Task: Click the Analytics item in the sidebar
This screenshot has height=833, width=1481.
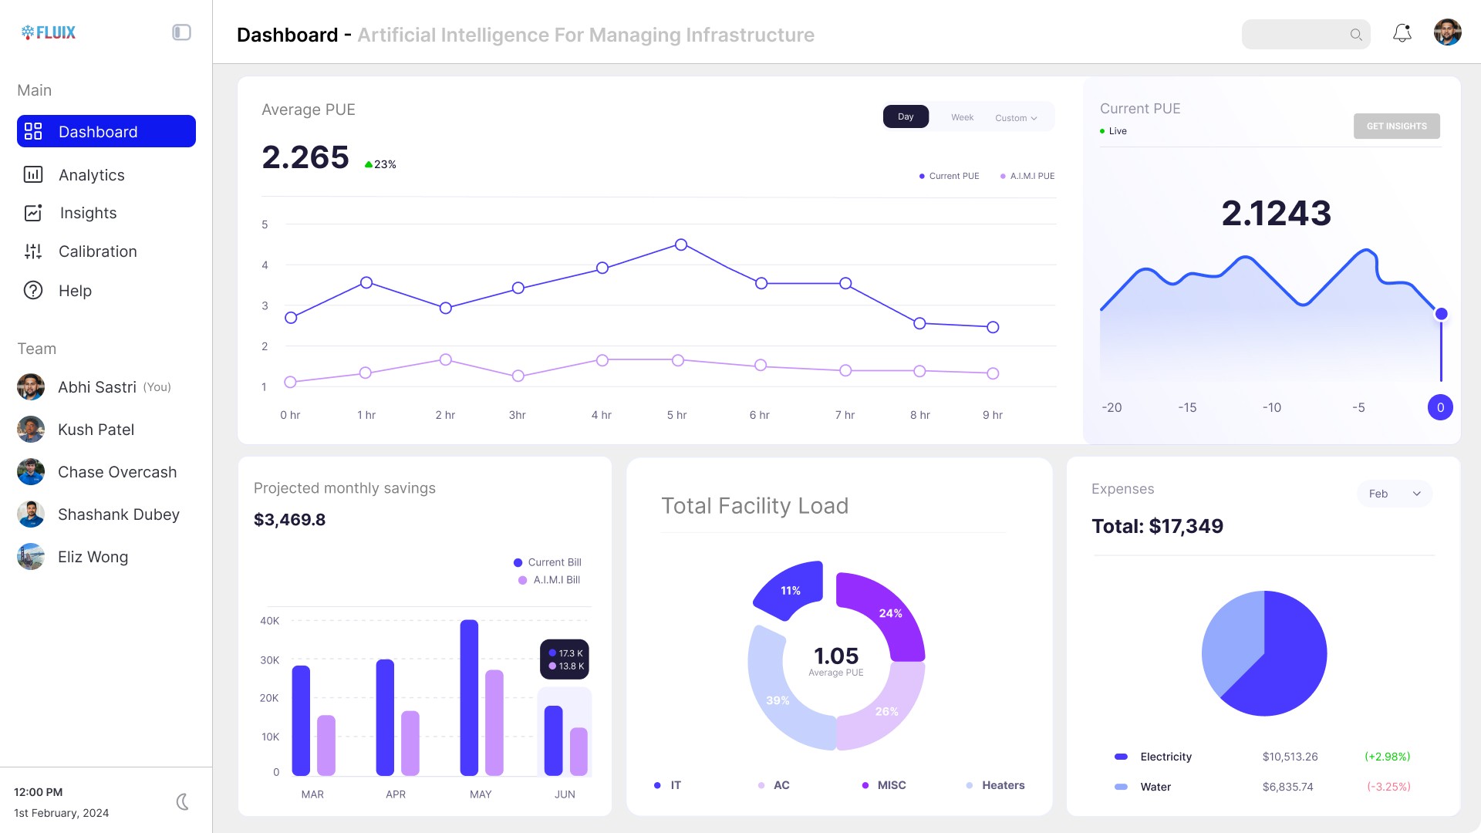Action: [91, 175]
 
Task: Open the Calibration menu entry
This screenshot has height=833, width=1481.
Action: [97, 251]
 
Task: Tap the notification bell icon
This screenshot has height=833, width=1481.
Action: [1402, 33]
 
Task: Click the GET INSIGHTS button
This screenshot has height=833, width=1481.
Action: [1396, 126]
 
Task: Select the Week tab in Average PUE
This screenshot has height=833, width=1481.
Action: [962, 117]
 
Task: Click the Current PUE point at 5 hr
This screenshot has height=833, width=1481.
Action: [680, 245]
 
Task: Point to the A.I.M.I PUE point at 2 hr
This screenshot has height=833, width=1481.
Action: [445, 359]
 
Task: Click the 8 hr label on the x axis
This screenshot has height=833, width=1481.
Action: [919, 415]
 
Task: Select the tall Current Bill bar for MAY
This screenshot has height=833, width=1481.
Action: [469, 697]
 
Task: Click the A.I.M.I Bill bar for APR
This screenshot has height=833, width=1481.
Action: [410, 743]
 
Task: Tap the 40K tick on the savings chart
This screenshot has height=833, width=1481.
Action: [269, 621]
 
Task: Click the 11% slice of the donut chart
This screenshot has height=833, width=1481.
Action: [790, 591]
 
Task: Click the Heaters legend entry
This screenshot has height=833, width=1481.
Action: [1002, 785]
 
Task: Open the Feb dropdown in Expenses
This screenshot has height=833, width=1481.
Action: [1394, 494]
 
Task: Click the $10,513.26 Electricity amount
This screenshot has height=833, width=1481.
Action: [1290, 757]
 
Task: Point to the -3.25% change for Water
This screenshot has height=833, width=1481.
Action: [1388, 787]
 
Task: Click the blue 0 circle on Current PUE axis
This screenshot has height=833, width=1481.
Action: [1439, 407]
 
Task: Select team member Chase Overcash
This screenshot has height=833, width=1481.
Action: [117, 472]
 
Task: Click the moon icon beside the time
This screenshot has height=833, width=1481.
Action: [183, 802]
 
